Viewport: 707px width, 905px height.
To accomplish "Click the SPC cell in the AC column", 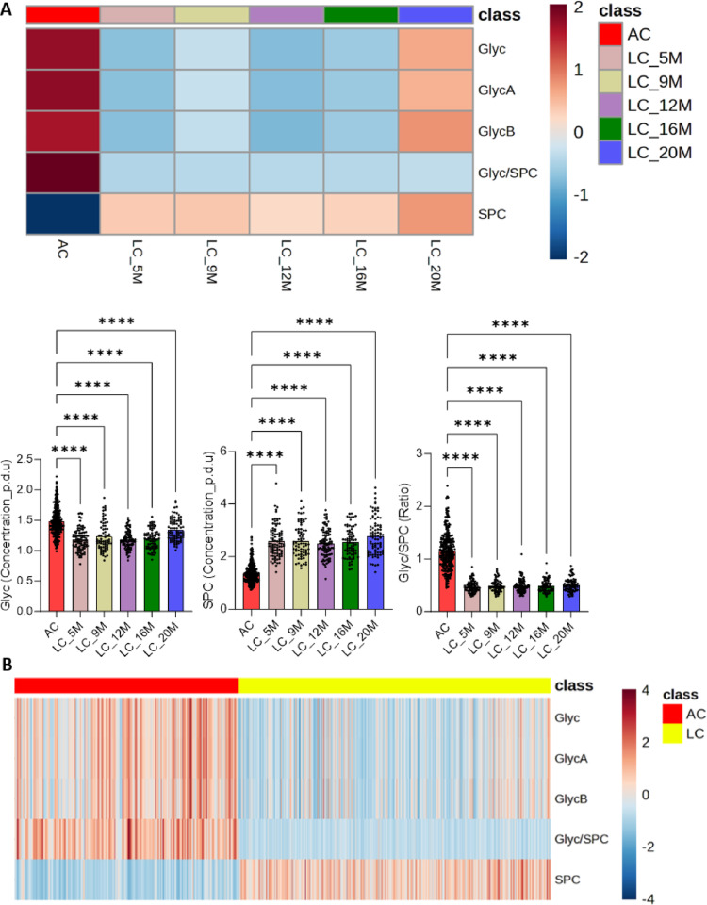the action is tap(63, 214).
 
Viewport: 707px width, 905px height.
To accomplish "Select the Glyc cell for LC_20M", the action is tap(436, 49).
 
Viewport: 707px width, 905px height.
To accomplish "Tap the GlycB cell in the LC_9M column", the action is tap(212, 132).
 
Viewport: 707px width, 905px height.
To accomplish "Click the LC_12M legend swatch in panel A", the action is tap(610, 106).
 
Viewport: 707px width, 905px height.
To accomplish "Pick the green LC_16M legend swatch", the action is tap(610, 129).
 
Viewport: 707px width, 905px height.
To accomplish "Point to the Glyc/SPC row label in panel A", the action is tap(508, 173).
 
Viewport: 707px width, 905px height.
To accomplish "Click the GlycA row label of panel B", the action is tap(571, 758).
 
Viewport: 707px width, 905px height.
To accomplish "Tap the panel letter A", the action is tap(7, 10).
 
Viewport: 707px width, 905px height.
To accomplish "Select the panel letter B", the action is tap(7, 665).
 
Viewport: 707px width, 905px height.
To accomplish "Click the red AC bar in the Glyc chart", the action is tap(56, 567).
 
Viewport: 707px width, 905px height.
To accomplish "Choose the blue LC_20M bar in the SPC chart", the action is tap(375, 573).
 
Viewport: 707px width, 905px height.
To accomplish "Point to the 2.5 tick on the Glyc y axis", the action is tap(25, 459).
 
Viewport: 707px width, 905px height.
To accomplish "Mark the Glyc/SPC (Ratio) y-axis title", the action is tap(405, 532).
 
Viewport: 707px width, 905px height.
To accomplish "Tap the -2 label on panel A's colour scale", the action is tap(580, 257).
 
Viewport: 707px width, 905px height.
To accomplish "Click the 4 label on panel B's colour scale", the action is tap(646, 690).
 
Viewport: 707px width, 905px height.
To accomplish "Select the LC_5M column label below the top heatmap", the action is tap(137, 262).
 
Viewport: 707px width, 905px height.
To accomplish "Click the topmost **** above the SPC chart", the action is tap(315, 322).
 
